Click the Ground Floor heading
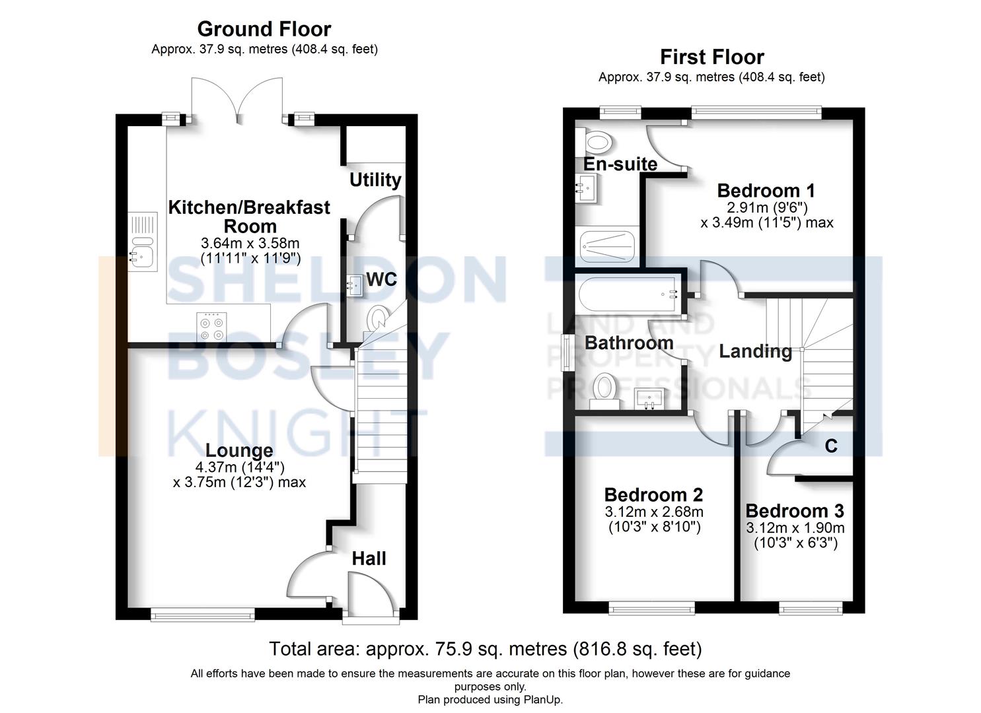[x=264, y=29]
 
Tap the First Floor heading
[x=711, y=57]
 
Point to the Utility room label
[x=375, y=180]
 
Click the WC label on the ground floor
[x=381, y=280]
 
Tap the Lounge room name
[x=239, y=451]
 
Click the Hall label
[x=369, y=559]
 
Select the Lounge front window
[x=203, y=616]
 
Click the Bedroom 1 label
[x=766, y=191]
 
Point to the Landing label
[x=755, y=351]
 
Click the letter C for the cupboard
[x=831, y=446]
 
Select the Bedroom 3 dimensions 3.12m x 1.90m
[x=795, y=528]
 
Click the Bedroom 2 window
[x=651, y=608]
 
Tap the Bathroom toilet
[x=604, y=388]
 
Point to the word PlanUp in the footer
[x=542, y=699]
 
